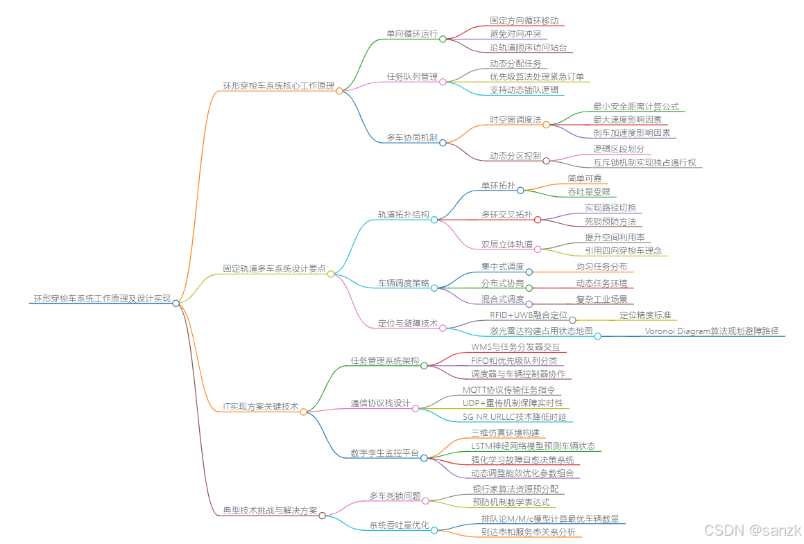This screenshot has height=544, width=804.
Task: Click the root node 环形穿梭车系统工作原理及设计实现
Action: tap(102, 299)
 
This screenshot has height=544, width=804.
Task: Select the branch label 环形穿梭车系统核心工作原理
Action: tap(278, 86)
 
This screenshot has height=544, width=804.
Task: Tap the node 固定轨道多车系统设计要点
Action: tap(274, 269)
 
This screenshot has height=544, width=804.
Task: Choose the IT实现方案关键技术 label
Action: tap(260, 407)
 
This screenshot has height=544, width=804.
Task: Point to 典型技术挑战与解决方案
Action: tap(270, 511)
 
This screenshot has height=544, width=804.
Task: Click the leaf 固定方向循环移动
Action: tap(524, 21)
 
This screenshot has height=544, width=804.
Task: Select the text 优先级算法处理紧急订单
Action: tap(537, 76)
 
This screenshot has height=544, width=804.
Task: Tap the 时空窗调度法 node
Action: tap(515, 120)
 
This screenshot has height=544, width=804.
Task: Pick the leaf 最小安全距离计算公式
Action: tap(635, 107)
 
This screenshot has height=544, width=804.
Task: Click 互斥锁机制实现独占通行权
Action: tap(644, 163)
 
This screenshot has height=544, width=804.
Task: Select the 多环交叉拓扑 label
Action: tap(507, 215)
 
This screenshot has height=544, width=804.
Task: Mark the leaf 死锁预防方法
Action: tap(610, 222)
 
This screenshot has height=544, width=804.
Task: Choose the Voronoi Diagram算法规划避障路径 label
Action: tap(712, 331)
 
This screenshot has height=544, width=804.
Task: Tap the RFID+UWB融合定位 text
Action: tap(529, 315)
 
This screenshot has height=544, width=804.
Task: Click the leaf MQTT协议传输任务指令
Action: tap(508, 390)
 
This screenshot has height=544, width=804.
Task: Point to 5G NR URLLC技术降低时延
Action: tap(515, 416)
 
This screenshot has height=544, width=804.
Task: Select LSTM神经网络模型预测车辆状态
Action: tap(533, 446)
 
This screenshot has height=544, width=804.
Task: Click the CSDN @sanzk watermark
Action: tap(752, 530)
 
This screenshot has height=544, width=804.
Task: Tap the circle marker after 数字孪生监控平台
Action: tap(424, 457)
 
